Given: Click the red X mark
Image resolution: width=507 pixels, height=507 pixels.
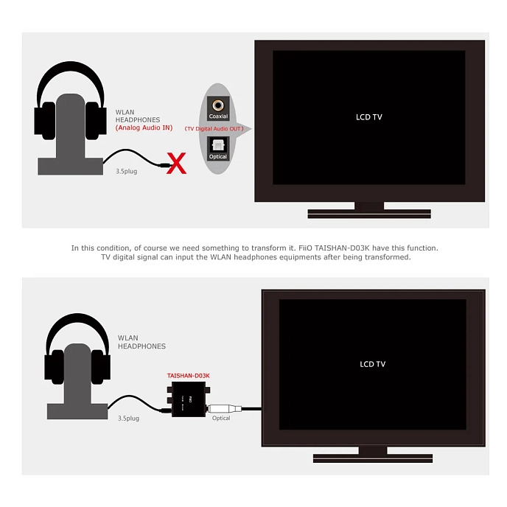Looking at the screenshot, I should click(177, 164).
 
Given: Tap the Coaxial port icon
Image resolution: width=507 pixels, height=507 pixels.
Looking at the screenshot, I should click(218, 107).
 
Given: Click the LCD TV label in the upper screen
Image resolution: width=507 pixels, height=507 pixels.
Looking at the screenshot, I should click(368, 117).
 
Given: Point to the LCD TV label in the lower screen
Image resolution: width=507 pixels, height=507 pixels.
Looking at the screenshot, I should click(372, 364).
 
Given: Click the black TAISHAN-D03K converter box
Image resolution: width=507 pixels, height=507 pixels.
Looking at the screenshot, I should click(189, 402).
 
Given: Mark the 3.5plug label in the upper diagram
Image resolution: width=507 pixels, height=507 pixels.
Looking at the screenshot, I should click(127, 171).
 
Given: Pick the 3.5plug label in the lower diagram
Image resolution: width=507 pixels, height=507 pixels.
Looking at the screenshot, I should click(128, 418).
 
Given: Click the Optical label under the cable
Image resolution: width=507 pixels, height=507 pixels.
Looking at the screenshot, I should click(221, 418).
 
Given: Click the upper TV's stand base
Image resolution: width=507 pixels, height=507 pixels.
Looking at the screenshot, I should click(368, 213).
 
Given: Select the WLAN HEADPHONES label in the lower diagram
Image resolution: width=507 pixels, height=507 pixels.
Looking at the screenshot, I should click(141, 342).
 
